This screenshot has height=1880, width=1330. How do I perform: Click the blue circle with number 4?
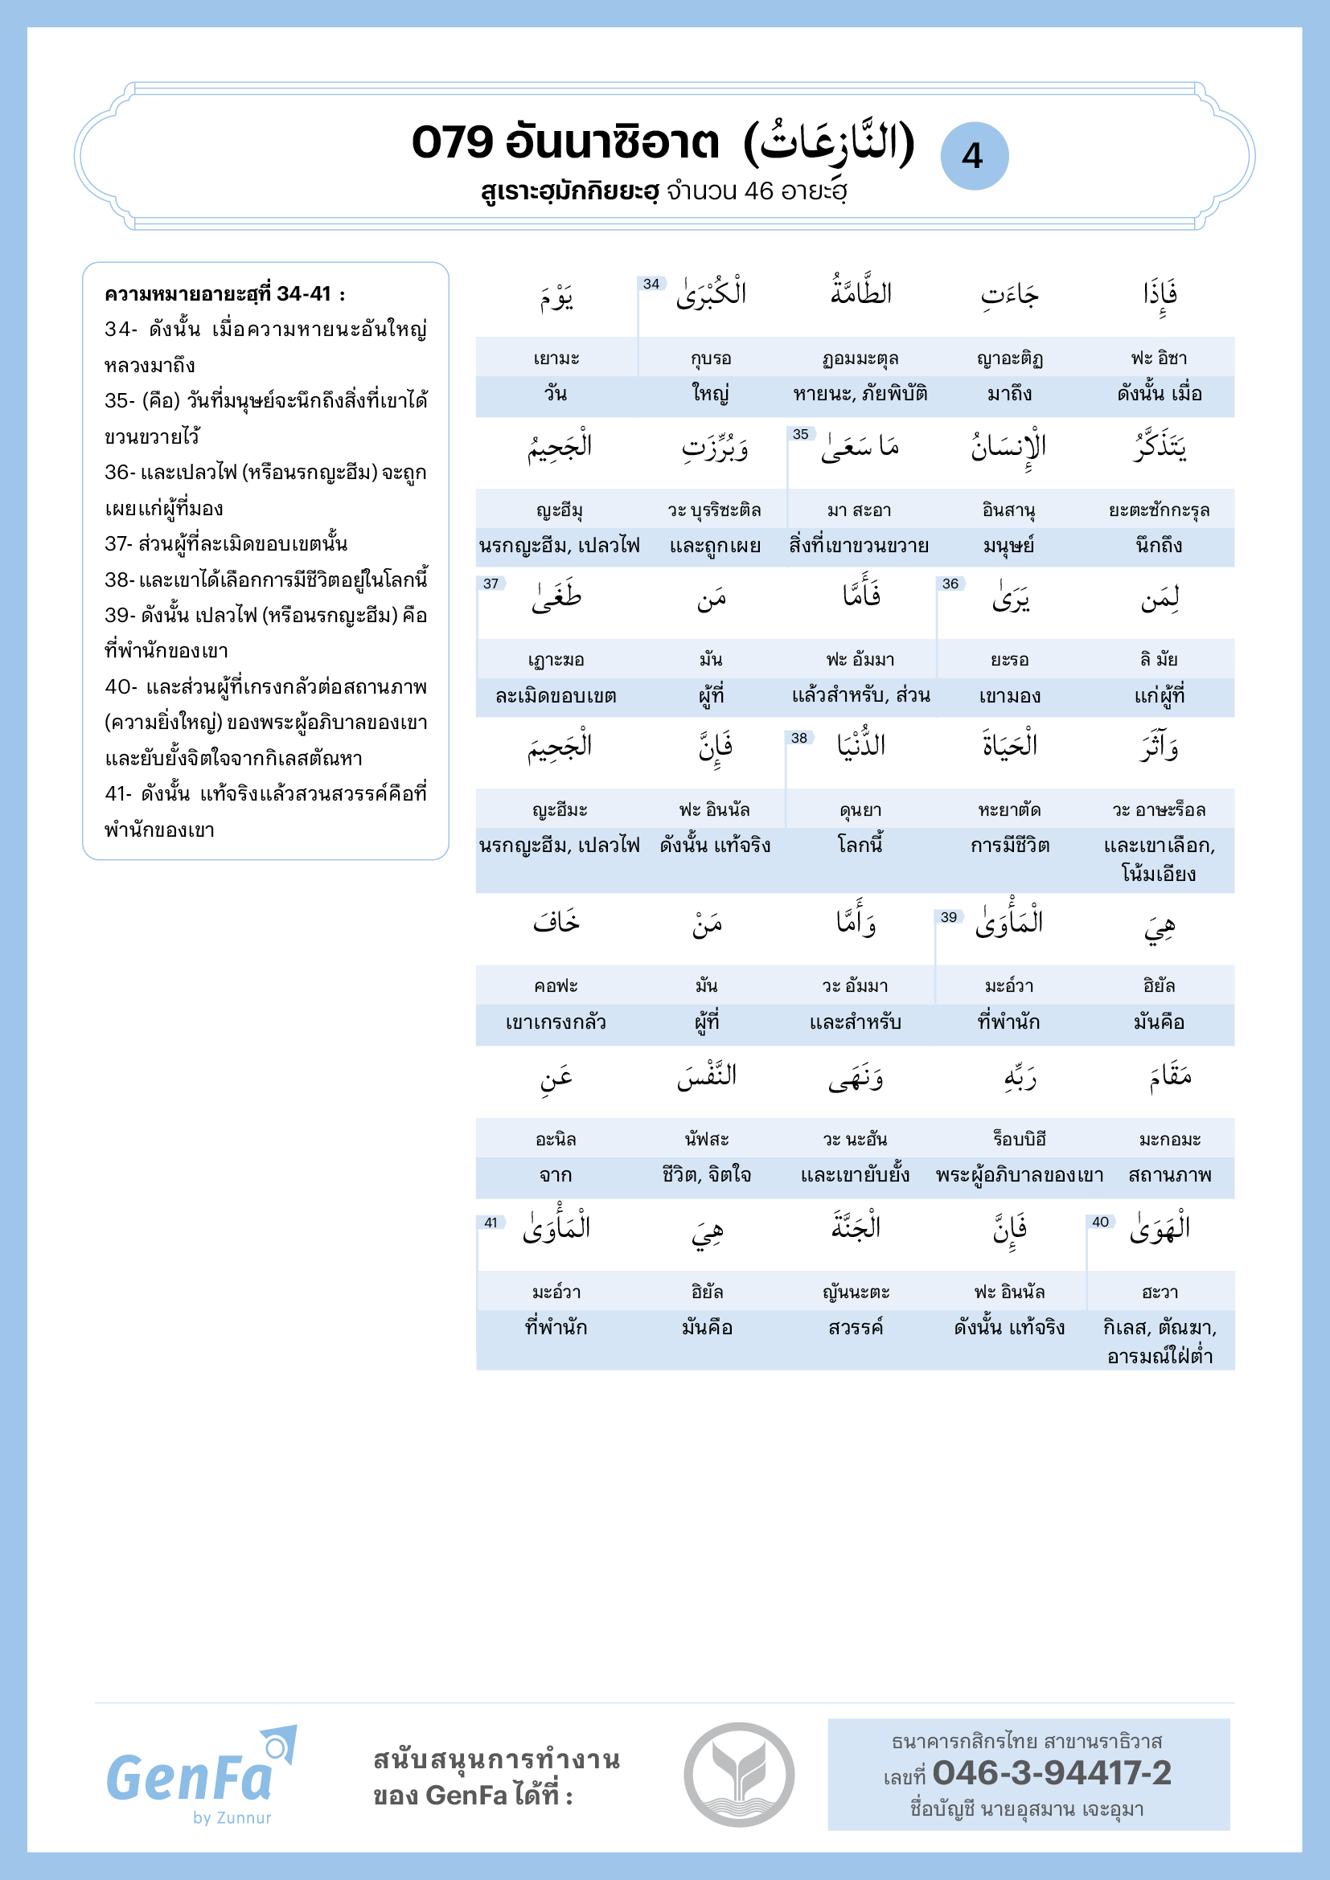pyautogui.click(x=974, y=156)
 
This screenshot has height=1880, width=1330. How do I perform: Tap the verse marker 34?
pyautogui.click(x=651, y=284)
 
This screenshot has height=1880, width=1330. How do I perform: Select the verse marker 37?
pyautogui.click(x=491, y=584)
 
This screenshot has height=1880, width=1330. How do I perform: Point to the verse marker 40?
pyautogui.click(x=1100, y=1222)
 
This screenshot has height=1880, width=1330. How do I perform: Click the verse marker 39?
pyautogui.click(x=948, y=917)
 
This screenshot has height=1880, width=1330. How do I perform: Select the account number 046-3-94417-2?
pyautogui.click(x=1052, y=1773)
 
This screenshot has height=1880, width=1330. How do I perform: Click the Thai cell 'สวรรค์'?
pyautogui.click(x=856, y=1327)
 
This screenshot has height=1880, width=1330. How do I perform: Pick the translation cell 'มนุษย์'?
pyautogui.click(x=1009, y=545)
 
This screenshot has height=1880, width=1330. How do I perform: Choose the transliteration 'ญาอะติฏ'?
pyautogui.click(x=1009, y=358)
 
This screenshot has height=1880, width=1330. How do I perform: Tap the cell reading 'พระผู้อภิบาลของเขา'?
pyautogui.click(x=1020, y=1175)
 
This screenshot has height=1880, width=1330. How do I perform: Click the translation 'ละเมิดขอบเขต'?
pyautogui.click(x=556, y=696)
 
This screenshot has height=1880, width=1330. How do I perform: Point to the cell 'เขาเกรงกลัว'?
pyautogui.click(x=556, y=1022)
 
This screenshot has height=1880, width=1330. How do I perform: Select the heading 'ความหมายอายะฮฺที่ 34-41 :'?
pyautogui.click(x=224, y=294)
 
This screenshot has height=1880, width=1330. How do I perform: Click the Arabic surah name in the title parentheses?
pyautogui.click(x=829, y=143)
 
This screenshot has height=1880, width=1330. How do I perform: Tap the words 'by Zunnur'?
pyautogui.click(x=232, y=1818)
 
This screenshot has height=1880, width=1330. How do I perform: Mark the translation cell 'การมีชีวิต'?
pyautogui.click(x=1009, y=845)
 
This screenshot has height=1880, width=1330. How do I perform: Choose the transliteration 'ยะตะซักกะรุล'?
pyautogui.click(x=1159, y=510)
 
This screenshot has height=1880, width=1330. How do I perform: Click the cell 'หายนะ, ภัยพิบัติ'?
pyautogui.click(x=860, y=394)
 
